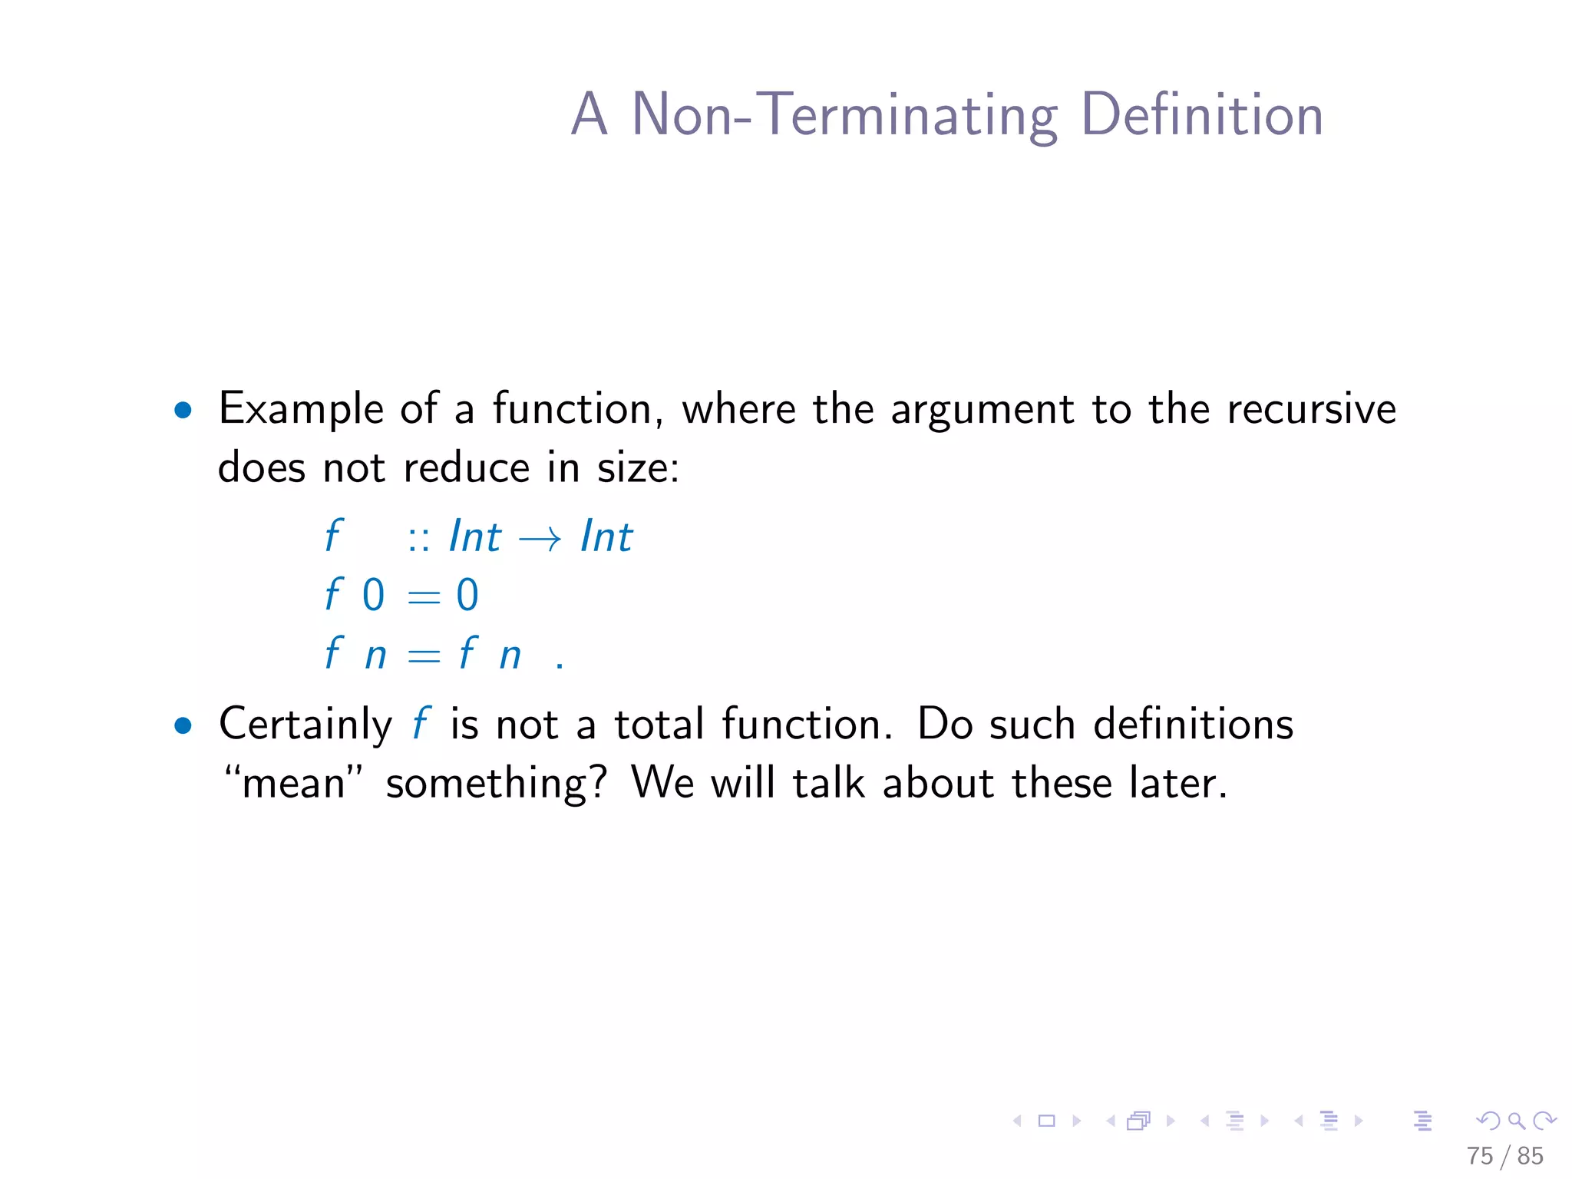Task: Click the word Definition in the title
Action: coord(1202,115)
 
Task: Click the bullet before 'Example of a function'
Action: coord(183,410)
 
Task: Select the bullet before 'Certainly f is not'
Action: coord(183,725)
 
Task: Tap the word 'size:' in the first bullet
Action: coord(638,467)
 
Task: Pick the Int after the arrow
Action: coord(606,536)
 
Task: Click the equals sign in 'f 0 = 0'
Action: coord(424,596)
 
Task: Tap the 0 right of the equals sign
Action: coord(467,595)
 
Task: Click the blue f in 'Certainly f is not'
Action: coord(421,724)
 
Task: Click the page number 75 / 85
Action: coord(1504,1155)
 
